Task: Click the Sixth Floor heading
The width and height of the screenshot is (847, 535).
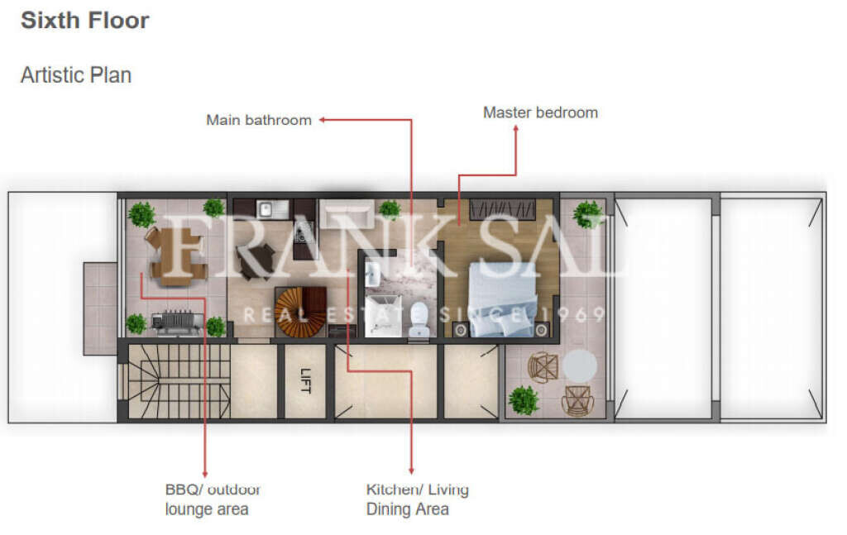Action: pyautogui.click(x=85, y=21)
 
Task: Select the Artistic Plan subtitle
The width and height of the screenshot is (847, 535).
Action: pyautogui.click(x=76, y=74)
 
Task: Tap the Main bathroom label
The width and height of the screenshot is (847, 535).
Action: pyautogui.click(x=259, y=120)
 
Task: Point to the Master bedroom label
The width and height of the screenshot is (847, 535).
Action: pyautogui.click(x=540, y=112)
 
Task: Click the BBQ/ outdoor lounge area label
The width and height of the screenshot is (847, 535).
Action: pyautogui.click(x=213, y=499)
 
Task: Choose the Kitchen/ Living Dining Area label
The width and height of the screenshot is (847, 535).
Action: pyautogui.click(x=417, y=499)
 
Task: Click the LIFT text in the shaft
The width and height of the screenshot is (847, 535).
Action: pyautogui.click(x=305, y=381)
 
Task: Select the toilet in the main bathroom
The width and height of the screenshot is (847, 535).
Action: pyautogui.click(x=419, y=318)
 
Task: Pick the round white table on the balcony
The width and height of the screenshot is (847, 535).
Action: pyautogui.click(x=581, y=365)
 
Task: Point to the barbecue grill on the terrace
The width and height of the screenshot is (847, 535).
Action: pyautogui.click(x=175, y=321)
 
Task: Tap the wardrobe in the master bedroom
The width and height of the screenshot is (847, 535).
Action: pyautogui.click(x=502, y=209)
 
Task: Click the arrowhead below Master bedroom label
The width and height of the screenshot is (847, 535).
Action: pyautogui.click(x=516, y=129)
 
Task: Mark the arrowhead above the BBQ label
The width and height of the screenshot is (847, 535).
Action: pyautogui.click(x=204, y=472)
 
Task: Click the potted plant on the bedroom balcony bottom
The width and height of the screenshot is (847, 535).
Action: pyautogui.click(x=524, y=400)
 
